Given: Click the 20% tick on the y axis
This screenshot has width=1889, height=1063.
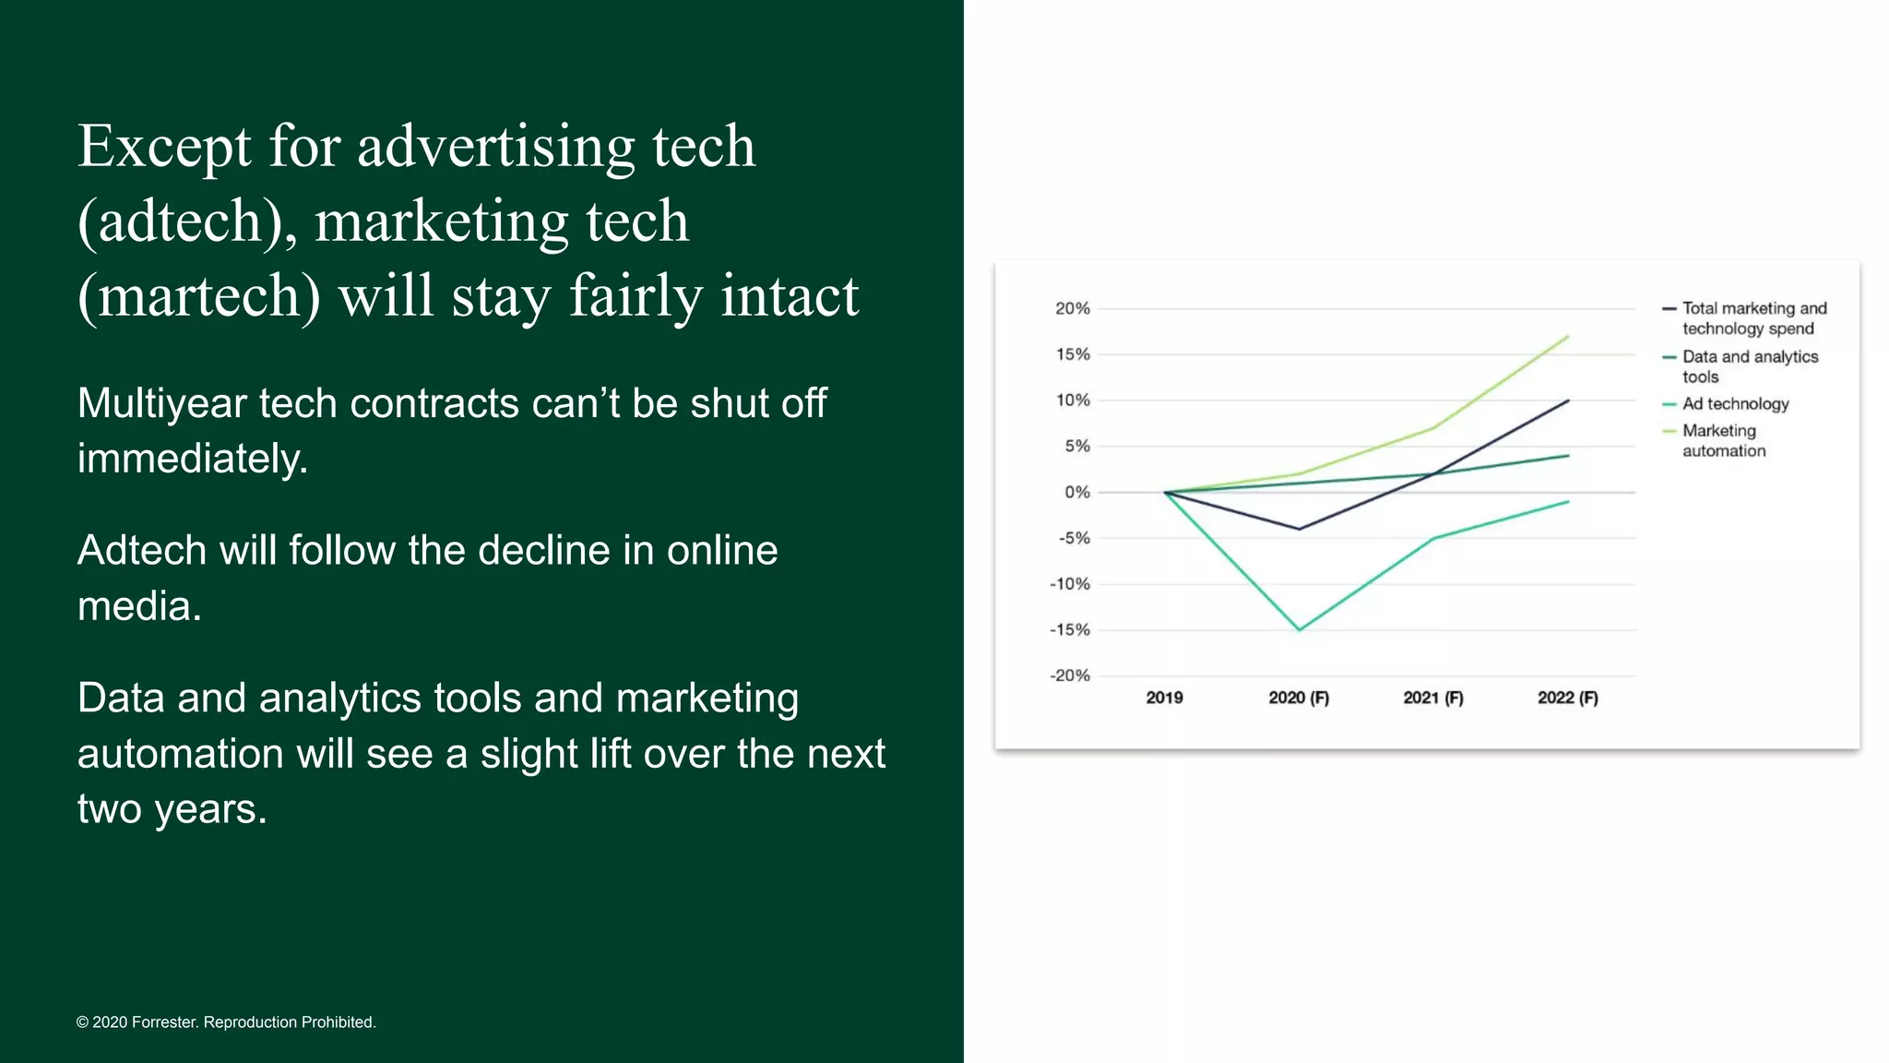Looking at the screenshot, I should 1072,308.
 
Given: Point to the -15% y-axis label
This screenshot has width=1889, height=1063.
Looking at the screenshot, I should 1069,630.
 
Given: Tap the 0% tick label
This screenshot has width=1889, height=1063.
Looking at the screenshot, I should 1076,493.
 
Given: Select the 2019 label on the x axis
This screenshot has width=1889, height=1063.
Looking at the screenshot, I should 1164,698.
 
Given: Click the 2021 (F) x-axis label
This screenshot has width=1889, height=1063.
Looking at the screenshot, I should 1432,698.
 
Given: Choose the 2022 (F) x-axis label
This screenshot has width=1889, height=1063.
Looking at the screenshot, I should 1567,698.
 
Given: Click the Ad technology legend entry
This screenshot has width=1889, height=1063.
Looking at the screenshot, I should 1734,404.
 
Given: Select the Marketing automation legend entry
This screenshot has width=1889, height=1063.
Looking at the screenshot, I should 1722,441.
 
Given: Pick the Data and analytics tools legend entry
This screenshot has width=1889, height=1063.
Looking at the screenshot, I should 1748,366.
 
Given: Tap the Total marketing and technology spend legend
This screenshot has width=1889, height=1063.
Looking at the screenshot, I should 1752,318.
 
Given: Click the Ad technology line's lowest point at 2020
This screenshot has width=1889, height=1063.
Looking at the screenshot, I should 1299,629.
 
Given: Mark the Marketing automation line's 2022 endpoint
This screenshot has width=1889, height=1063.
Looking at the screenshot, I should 1567,337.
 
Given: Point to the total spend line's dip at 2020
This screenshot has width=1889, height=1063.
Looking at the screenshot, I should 1299,529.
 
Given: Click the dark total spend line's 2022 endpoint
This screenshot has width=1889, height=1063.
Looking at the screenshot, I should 1567,400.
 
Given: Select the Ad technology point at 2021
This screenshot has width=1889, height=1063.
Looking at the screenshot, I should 1433,538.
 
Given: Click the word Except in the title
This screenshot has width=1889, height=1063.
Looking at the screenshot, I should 164,148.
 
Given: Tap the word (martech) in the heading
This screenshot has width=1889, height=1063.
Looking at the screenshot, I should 199,297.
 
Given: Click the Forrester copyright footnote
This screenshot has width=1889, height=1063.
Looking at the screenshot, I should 226,1022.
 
